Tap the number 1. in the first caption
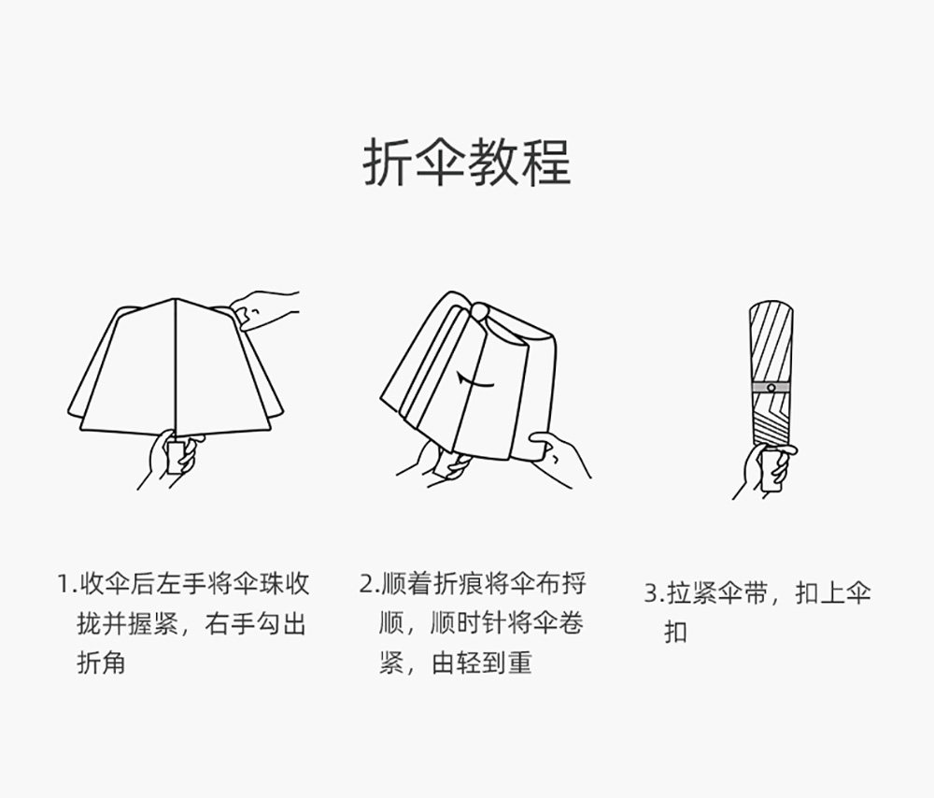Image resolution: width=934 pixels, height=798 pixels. [x=64, y=585]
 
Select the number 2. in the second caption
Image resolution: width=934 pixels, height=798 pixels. [x=369, y=585]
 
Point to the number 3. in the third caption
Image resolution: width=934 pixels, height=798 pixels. [x=654, y=592]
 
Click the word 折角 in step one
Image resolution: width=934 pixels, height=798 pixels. [x=101, y=663]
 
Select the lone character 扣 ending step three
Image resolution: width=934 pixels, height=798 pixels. [x=675, y=633]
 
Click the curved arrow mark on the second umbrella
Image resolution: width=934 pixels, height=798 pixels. [x=475, y=380]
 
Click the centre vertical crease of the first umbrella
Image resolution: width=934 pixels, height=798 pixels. [x=177, y=364]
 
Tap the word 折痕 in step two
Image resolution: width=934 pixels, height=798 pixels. [x=457, y=585]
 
